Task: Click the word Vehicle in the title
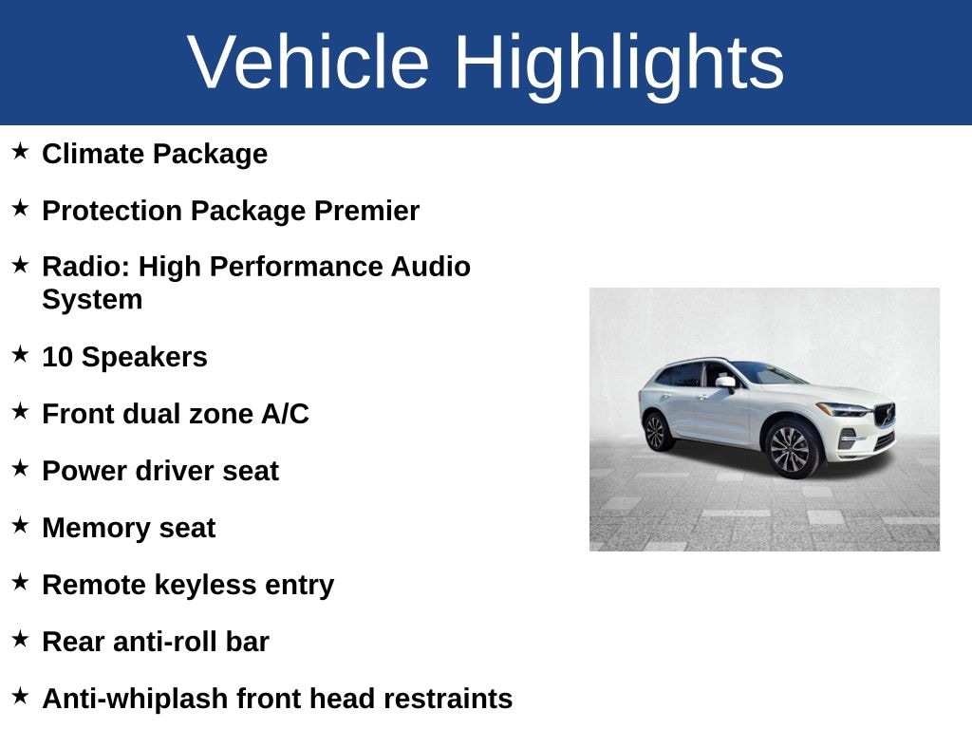click(308, 63)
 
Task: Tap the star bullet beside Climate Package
click(20, 151)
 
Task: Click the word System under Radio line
click(92, 300)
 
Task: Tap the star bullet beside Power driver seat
click(20, 468)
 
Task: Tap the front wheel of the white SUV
click(790, 448)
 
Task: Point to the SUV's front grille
click(885, 415)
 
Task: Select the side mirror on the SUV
click(726, 382)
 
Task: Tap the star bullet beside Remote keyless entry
click(20, 582)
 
